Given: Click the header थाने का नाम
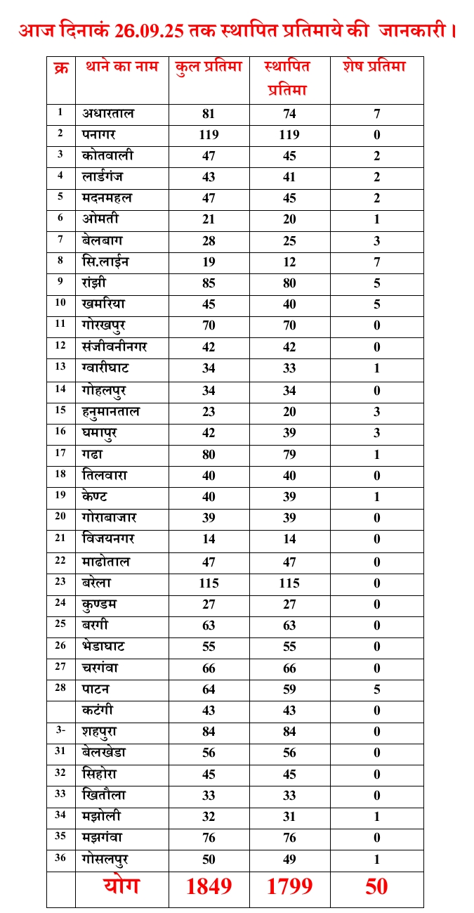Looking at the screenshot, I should (x=120, y=67).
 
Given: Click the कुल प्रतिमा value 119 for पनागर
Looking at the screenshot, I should (x=209, y=135).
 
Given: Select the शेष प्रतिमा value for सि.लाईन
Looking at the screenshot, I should (x=377, y=262).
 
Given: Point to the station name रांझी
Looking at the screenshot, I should (x=96, y=283).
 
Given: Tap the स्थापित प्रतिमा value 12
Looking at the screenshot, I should (x=289, y=262).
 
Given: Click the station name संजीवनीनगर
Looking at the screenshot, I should (x=114, y=347).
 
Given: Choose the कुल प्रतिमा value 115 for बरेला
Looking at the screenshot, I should (x=209, y=583).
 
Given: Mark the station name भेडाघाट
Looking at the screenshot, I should (x=103, y=646).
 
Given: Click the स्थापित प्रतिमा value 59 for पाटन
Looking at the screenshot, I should (x=289, y=689).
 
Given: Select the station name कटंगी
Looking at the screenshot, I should (x=100, y=710).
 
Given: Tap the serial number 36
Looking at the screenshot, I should (x=60, y=857).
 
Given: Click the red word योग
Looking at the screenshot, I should (x=121, y=886).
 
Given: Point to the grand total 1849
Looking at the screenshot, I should (x=209, y=887).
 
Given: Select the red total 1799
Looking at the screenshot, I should (x=289, y=887).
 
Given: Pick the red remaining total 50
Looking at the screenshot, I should (x=377, y=887).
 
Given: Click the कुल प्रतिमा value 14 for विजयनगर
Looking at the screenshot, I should (x=209, y=539).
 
